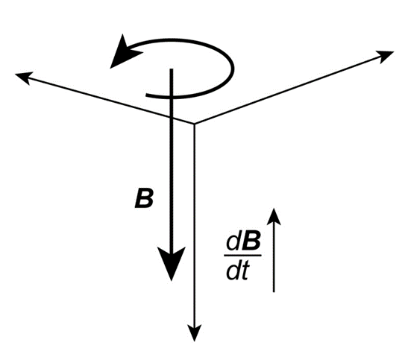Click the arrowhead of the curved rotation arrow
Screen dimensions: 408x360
coord(123,53)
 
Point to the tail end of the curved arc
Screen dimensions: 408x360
coord(146,95)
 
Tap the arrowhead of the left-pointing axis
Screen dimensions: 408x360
coord(23,77)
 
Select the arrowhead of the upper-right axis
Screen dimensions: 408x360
coord(386,55)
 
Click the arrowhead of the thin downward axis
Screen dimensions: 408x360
coord(194,332)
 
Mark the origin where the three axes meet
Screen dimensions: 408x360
coord(194,123)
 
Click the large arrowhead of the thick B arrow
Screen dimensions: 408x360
coord(172,262)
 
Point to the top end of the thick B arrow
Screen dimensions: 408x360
coord(172,69)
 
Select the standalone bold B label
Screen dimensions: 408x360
coord(144,198)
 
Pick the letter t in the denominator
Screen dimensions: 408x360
coord(245,271)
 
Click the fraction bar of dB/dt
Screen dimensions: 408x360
coord(242,256)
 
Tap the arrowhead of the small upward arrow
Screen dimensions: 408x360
coord(274,216)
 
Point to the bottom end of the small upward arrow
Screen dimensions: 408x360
coord(274,291)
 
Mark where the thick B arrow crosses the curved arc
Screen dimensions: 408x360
coord(172,97)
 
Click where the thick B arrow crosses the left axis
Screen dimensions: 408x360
coord(172,117)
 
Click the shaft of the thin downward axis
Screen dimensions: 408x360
coord(194,225)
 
